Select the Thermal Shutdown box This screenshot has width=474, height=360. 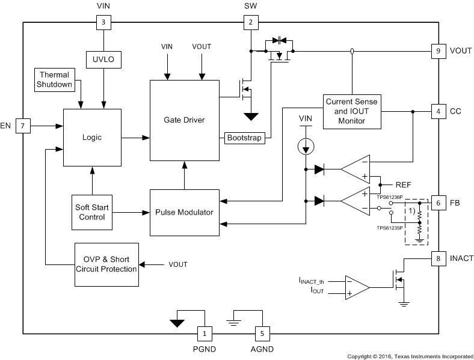[54, 79]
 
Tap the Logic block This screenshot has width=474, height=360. [92, 138]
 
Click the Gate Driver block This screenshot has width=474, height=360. [184, 120]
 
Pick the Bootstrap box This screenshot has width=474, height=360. [244, 138]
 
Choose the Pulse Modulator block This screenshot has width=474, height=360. [184, 212]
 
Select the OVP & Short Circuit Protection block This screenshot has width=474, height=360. [106, 264]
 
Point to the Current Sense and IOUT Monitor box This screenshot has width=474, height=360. [352, 111]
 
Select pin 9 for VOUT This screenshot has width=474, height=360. [437, 51]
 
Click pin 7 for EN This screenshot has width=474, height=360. [23, 126]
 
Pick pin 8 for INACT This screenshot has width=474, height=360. [437, 258]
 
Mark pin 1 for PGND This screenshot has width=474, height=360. [205, 333]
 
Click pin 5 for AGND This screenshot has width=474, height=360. [262, 333]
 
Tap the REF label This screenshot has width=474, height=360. [404, 185]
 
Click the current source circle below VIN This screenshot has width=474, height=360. [306, 146]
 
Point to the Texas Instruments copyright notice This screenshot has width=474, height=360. [410, 355]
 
